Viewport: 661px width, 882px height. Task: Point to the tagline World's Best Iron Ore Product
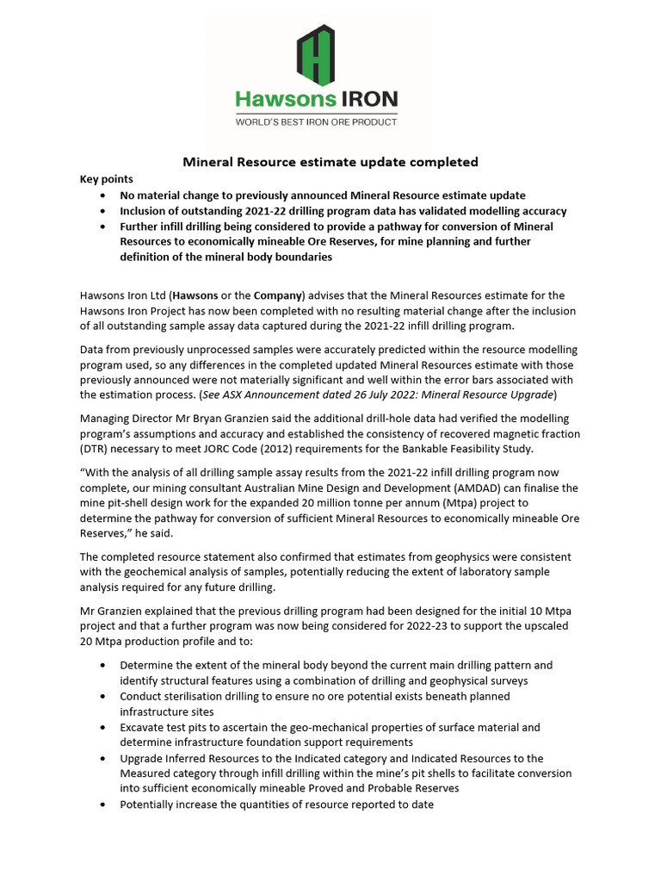[317, 122]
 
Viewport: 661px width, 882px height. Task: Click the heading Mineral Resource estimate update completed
[330, 162]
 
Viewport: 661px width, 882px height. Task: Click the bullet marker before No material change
[104, 196]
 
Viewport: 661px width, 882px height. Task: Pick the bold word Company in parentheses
[275, 296]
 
